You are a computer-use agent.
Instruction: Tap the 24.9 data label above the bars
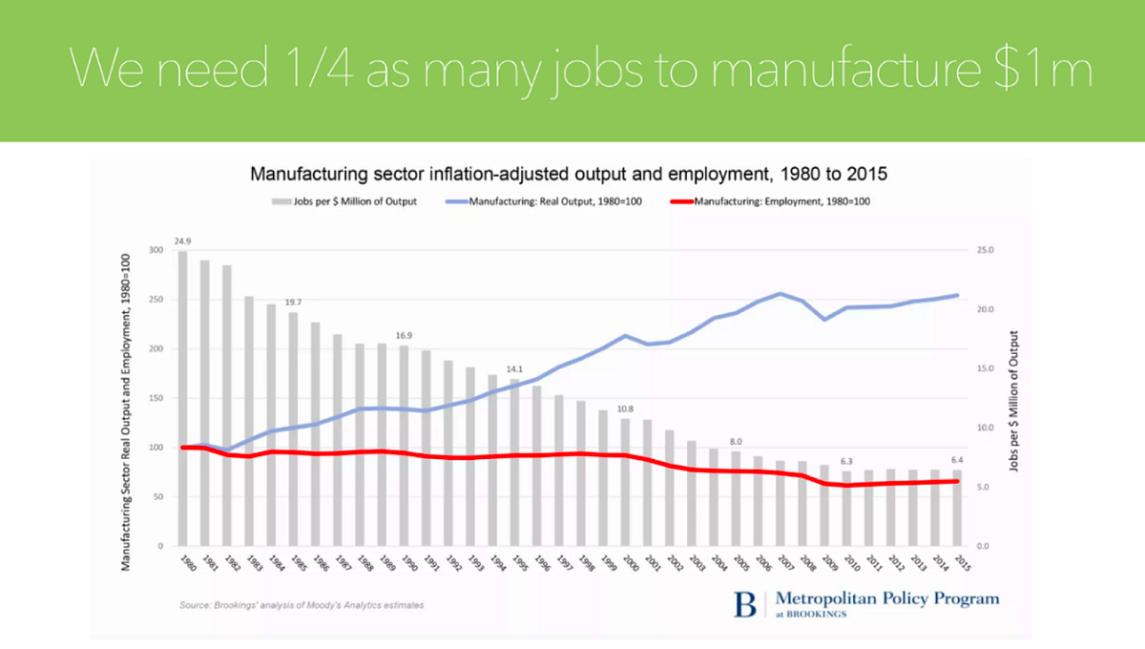183,242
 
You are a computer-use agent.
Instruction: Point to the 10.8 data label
626,409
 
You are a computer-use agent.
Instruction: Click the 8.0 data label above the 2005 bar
736,442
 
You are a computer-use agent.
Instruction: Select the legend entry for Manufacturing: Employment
773,201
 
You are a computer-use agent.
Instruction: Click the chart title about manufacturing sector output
569,175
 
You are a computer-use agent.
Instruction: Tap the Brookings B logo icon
745,605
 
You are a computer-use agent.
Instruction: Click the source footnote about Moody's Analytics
302,605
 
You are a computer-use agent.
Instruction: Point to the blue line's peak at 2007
781,294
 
